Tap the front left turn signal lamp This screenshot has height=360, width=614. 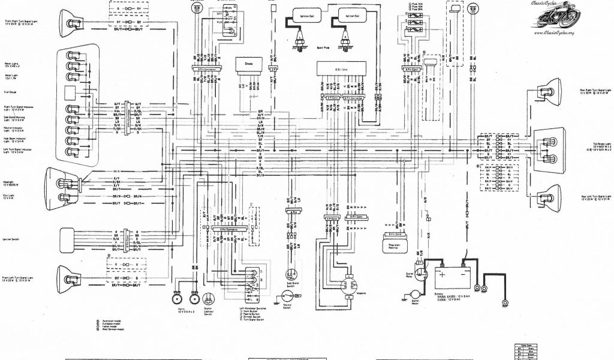[70, 277]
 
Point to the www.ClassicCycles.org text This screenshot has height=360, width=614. [565, 34]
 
